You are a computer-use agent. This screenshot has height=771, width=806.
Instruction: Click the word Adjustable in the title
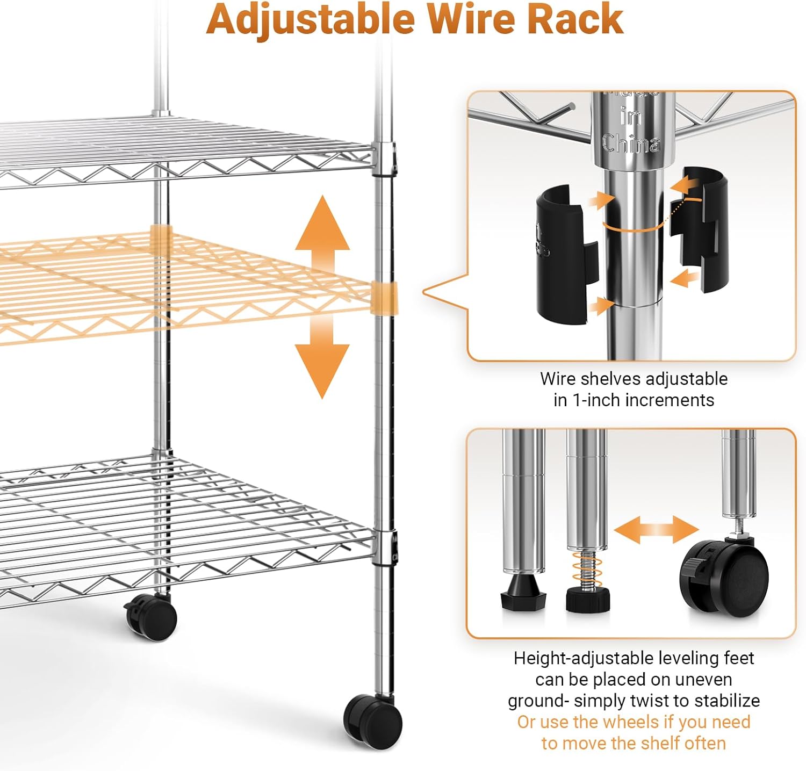coord(311,19)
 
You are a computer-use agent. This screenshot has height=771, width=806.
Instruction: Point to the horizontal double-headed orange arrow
coord(656,530)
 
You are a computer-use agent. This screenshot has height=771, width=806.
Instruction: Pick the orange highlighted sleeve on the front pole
coord(385,297)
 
